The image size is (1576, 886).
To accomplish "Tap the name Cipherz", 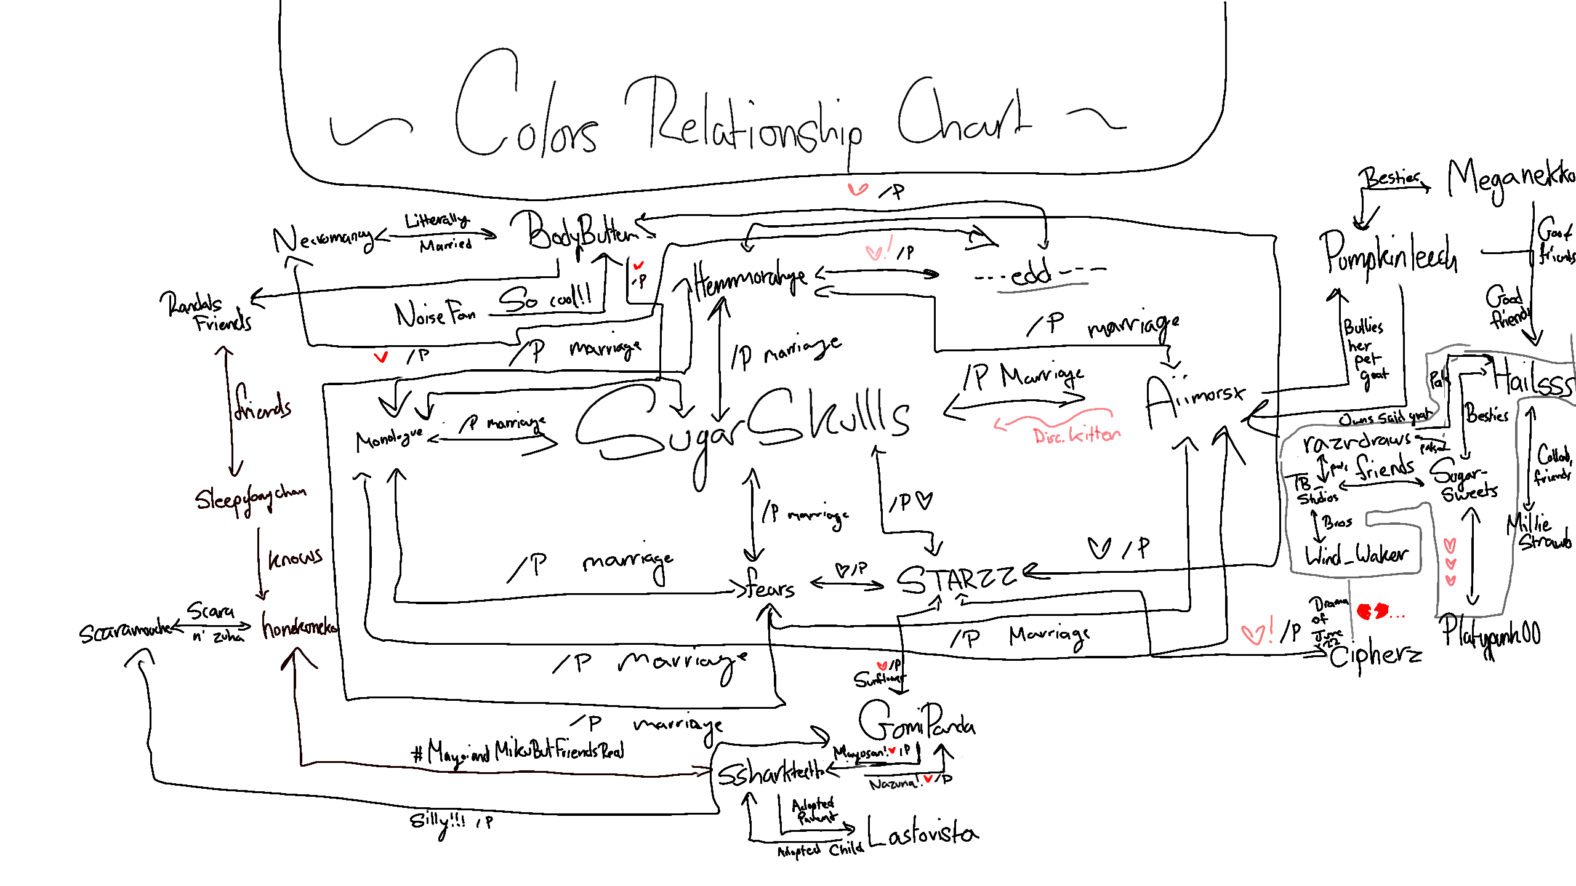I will click(1376, 655).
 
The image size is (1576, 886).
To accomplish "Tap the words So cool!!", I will click(545, 298).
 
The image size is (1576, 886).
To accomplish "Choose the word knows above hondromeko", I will click(295, 557).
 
